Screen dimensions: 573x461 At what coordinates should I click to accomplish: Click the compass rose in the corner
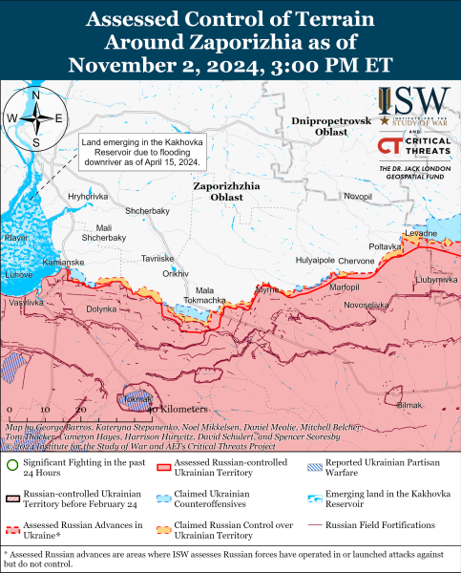click(35, 118)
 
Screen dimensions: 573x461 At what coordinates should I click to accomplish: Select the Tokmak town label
click(138, 398)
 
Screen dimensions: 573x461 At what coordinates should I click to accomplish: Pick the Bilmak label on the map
click(408, 405)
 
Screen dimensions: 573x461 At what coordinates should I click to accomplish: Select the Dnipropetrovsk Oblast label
click(329, 127)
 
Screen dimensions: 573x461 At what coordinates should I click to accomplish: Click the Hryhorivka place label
click(88, 195)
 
